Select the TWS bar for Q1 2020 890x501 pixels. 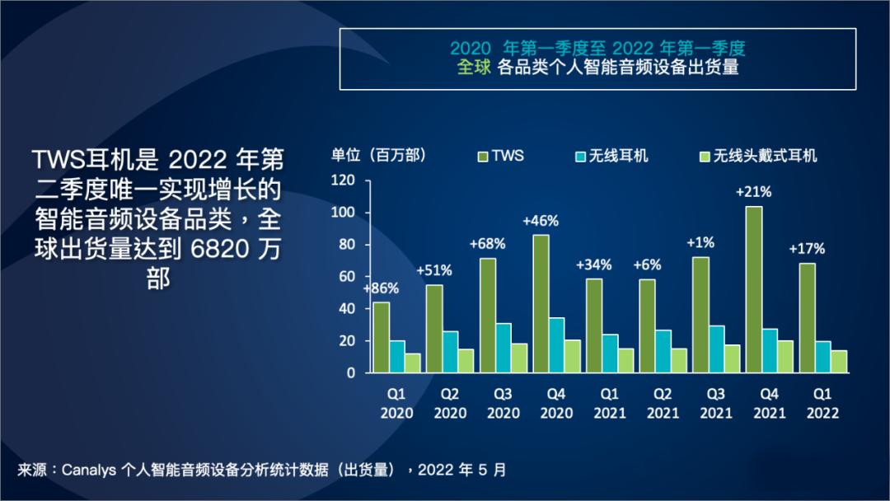(x=382, y=337)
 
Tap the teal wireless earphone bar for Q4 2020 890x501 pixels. (x=557, y=345)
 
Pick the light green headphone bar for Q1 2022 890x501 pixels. (x=840, y=362)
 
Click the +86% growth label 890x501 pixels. (x=381, y=288)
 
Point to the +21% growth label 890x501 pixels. (x=753, y=192)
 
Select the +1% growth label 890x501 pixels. (x=700, y=242)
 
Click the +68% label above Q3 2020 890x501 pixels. (x=487, y=244)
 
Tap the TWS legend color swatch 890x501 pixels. (x=481, y=155)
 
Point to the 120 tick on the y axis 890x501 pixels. (x=343, y=180)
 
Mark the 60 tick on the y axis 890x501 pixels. (x=346, y=277)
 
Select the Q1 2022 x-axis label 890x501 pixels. (x=823, y=404)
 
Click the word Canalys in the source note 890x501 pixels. (x=89, y=470)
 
